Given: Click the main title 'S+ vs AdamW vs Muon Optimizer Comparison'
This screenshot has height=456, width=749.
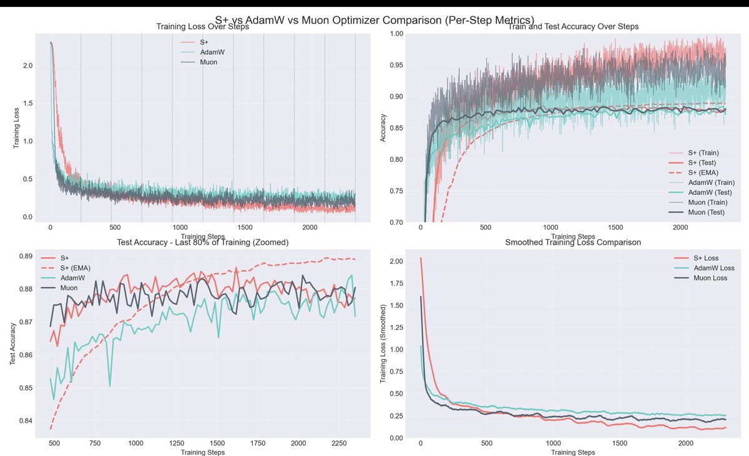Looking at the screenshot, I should (x=374, y=20).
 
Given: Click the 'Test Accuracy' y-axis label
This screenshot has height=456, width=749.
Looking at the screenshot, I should (x=13, y=343).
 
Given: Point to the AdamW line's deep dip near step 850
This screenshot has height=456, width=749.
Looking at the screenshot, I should (x=110, y=385).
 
